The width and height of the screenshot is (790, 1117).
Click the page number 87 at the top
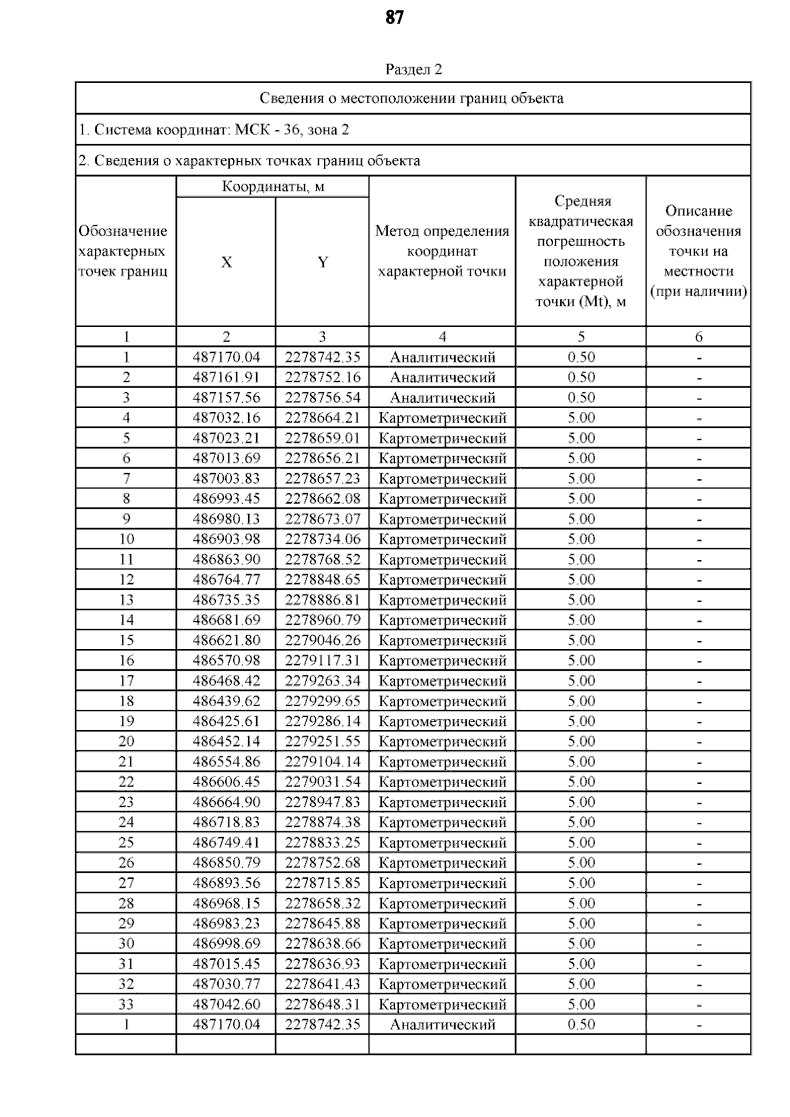pos(394,18)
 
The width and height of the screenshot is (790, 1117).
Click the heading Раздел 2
pos(413,69)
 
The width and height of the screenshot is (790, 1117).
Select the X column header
pos(226,262)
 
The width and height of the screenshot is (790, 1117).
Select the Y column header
pos(322,262)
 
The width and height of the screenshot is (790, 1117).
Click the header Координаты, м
pos(273,186)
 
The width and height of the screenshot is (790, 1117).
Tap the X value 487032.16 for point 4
pos(226,418)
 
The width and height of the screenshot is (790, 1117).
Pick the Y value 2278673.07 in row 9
pos(323,519)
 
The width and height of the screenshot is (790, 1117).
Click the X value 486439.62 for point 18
pos(226,701)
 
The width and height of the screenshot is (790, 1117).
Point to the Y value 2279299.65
pos(323,701)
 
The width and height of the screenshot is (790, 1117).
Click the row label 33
pos(126,1004)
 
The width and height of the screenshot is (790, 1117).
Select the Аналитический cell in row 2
pos(442,377)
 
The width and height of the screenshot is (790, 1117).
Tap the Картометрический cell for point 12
pos(442,580)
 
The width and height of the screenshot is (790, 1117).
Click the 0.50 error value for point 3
pos(581,398)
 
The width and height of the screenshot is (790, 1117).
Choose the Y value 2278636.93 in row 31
pos(323,964)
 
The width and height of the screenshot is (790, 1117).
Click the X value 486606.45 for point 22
pos(226,782)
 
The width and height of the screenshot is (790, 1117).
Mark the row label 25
pos(126,843)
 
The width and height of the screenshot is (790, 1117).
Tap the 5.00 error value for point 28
pos(581,903)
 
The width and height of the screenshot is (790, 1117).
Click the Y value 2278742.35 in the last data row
pos(323,1024)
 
